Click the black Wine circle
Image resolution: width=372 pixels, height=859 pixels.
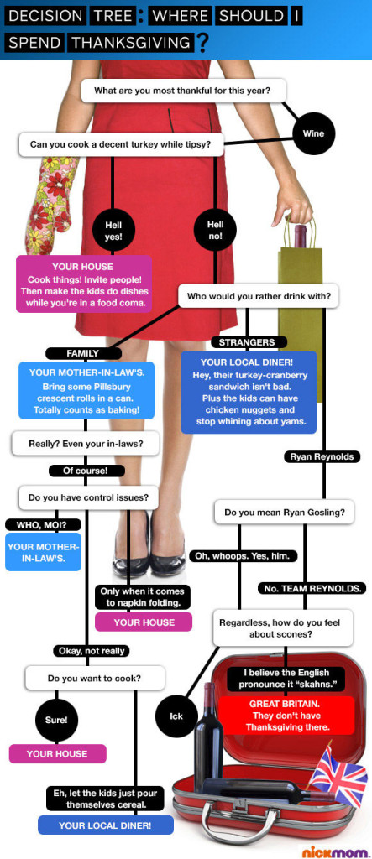pos(313,133)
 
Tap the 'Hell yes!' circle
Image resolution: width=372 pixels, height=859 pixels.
pos(113,231)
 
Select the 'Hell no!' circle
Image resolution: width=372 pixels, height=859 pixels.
pos(215,230)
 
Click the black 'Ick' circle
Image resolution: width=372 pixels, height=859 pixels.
pos(176,716)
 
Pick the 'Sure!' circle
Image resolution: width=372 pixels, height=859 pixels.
pos(56,720)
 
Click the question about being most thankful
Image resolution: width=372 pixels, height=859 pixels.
pos(183,91)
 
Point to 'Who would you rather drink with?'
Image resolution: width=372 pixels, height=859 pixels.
pos(258,296)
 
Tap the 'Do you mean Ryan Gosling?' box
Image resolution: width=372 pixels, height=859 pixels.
pos(284,513)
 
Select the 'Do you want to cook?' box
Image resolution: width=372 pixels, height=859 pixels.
pos(94,678)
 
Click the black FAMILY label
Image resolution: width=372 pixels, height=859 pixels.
pos(82,353)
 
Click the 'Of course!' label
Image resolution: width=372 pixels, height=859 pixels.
pos(86,471)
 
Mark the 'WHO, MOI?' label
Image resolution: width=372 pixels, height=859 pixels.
pos(42,525)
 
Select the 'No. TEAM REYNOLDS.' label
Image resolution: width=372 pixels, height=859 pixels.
pos(312,589)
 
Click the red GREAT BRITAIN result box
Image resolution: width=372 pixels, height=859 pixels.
pos(286,716)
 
